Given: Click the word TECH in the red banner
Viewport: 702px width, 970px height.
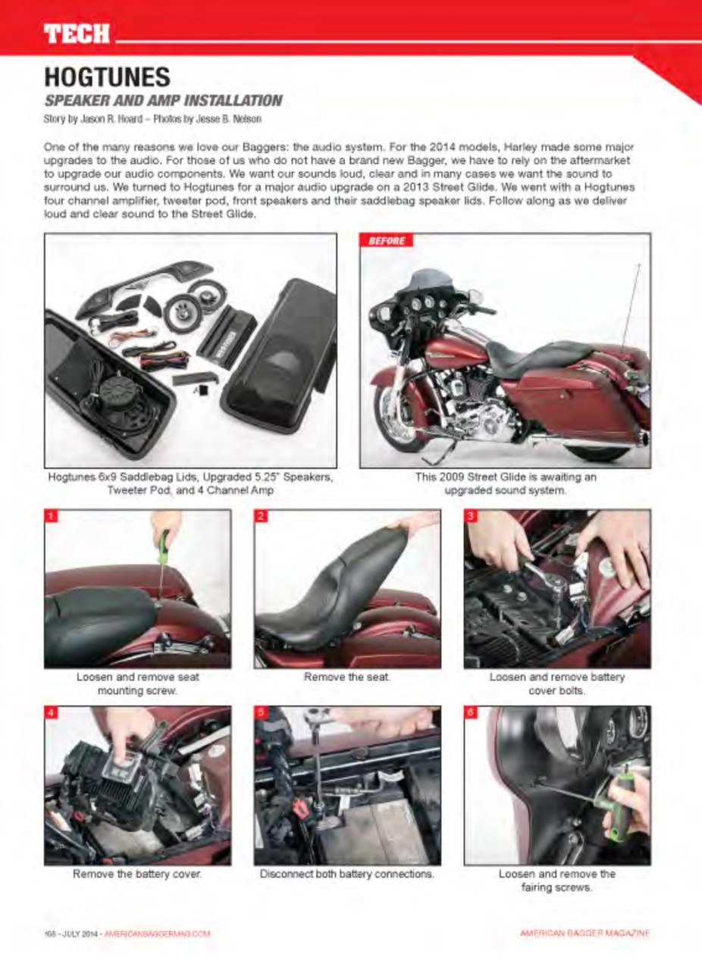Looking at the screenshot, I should tap(77, 33).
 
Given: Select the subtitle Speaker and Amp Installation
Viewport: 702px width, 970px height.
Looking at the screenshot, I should tap(163, 100).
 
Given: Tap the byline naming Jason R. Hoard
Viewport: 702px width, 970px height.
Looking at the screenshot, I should tap(152, 119).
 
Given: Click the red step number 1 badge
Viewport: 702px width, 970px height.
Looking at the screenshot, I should tap(52, 517).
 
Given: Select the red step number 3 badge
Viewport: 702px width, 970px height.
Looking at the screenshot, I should tap(471, 517).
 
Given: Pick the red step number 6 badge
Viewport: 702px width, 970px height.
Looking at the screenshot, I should tap(471, 714).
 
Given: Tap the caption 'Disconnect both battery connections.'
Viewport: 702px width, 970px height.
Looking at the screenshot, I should tap(346, 874).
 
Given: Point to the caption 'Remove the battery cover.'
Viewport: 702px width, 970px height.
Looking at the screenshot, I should tap(137, 874).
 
